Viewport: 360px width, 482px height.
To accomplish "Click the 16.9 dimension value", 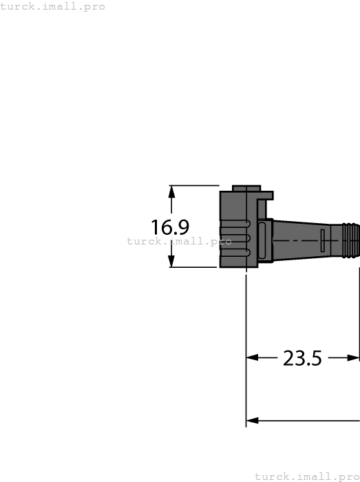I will coord(170,227).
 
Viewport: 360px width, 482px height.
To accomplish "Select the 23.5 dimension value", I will coord(302,358).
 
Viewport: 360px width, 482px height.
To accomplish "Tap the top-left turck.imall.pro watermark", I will coord(53,6).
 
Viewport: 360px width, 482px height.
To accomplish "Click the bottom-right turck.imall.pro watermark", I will coord(307,476).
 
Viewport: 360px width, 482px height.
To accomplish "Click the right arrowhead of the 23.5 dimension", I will coord(354,358).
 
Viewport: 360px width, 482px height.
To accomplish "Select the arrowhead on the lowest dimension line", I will coord(253,421).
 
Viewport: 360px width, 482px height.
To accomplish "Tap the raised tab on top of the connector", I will coord(246,188).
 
